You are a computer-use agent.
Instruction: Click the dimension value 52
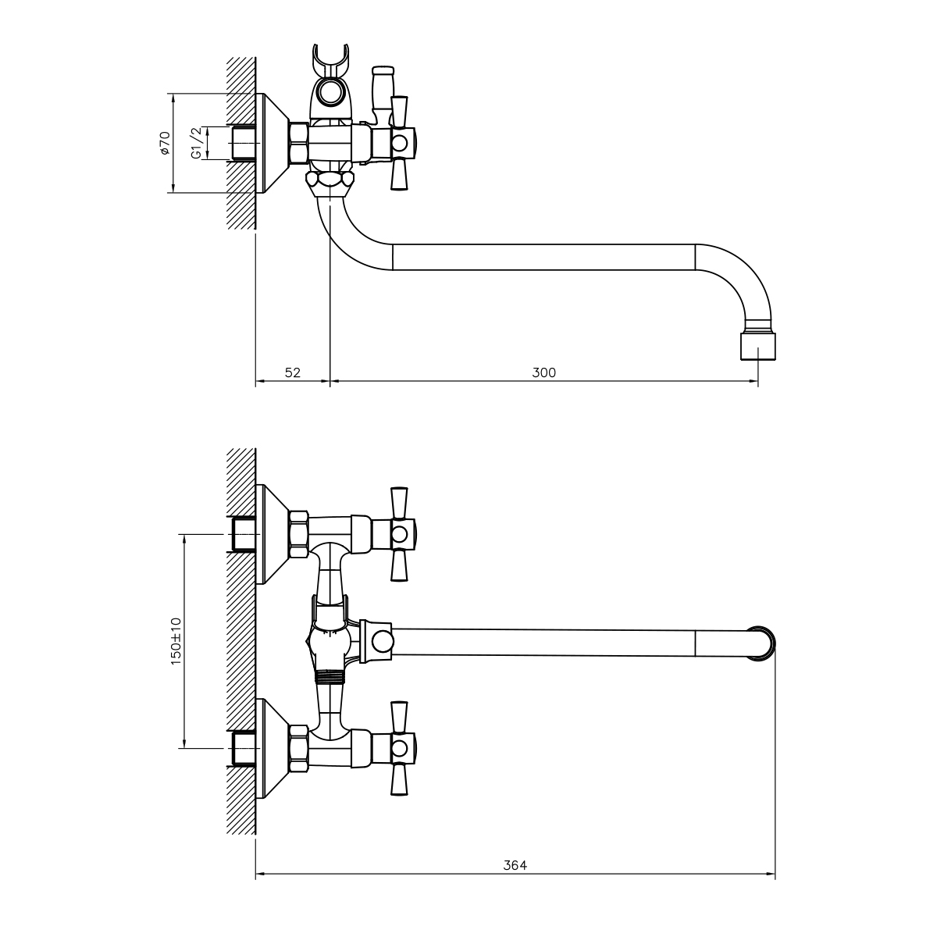[293, 372]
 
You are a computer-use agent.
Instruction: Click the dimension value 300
[543, 372]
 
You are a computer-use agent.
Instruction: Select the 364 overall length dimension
[515, 865]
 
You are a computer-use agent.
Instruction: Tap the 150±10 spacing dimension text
[176, 641]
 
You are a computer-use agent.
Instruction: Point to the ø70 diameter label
[165, 143]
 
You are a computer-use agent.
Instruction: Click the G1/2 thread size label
[196, 143]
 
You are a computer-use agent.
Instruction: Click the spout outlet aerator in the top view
[757, 346]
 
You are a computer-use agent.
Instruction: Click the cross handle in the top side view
[399, 143]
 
